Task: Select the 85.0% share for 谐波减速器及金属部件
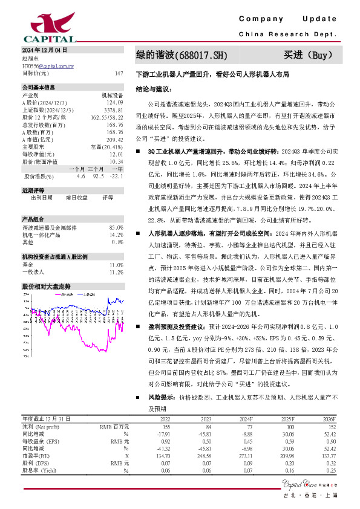[x=116, y=210]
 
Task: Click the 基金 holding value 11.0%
[x=116, y=248]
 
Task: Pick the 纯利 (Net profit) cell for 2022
[x=164, y=426]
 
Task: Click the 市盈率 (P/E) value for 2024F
[x=244, y=456]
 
